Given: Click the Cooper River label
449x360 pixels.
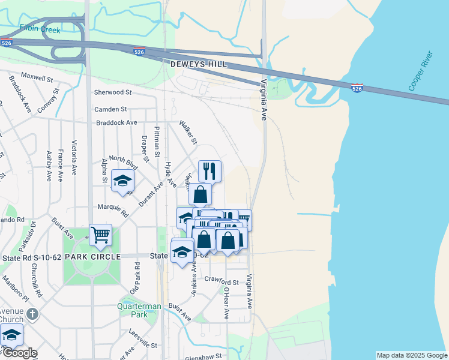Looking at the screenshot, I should (x=421, y=75).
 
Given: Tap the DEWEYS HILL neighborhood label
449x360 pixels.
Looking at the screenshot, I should (x=194, y=63).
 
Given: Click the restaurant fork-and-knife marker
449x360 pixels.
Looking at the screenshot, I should (x=209, y=171).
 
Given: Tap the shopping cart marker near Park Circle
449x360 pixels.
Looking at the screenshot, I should (x=100, y=235).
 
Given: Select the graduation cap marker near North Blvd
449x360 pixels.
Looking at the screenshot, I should (x=122, y=181).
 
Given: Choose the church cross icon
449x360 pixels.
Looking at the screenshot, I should (x=33, y=314).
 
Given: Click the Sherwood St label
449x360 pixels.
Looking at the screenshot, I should (x=113, y=92).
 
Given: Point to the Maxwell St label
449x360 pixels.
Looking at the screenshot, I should (x=37, y=77).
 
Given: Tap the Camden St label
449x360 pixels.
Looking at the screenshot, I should (x=110, y=110).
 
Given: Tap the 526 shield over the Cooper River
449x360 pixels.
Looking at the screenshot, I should (x=357, y=88).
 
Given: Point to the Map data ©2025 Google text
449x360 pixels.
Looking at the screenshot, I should (x=411, y=355).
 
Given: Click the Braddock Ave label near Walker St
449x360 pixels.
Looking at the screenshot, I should (x=116, y=123).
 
